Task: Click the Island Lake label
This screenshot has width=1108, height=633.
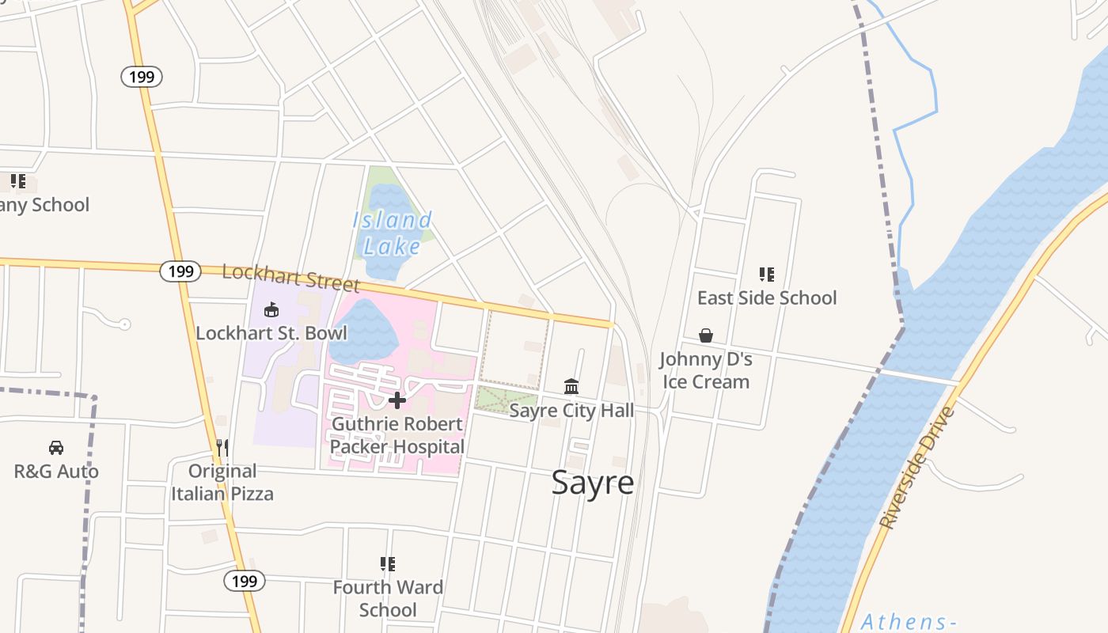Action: pyautogui.click(x=392, y=233)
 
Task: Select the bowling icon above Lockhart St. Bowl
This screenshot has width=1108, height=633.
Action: pyautogui.click(x=271, y=309)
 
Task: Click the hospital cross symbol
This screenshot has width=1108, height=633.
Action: pyautogui.click(x=397, y=400)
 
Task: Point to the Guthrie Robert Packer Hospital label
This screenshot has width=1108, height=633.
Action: pyautogui.click(x=397, y=435)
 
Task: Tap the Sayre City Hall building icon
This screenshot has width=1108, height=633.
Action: pyautogui.click(x=571, y=386)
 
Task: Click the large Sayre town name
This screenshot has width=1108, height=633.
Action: pyautogui.click(x=592, y=482)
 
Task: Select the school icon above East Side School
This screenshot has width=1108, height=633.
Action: pyautogui.click(x=766, y=275)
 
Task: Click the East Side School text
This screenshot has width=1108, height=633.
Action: pyautogui.click(x=766, y=298)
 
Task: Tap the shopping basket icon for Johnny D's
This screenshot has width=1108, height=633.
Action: pyautogui.click(x=706, y=336)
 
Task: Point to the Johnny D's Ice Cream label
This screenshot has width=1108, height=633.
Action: pyautogui.click(x=705, y=370)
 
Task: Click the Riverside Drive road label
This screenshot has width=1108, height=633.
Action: pyautogui.click(x=917, y=468)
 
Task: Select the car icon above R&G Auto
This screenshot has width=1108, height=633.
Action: pyautogui.click(x=56, y=448)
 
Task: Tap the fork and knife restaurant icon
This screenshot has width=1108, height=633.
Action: pyautogui.click(x=222, y=448)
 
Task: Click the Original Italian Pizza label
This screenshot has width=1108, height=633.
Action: pyautogui.click(x=222, y=483)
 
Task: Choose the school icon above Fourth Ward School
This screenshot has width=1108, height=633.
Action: pyautogui.click(x=387, y=564)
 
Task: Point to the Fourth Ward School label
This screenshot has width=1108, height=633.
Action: pyautogui.click(x=387, y=598)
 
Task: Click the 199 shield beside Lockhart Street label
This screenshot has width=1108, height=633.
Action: pyautogui.click(x=180, y=271)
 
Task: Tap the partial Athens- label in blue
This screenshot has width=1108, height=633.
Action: pyautogui.click(x=908, y=621)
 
